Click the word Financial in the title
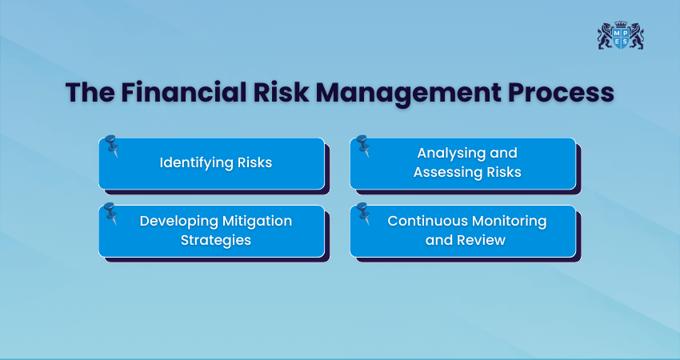(183, 92)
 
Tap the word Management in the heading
(408, 93)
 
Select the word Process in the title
(561, 92)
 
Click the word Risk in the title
(281, 92)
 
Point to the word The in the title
(90, 92)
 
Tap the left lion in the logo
(606, 35)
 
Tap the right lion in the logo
(636, 35)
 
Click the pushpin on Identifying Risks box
(111, 146)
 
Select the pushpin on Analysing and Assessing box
(363, 146)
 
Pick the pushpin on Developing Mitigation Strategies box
(111, 214)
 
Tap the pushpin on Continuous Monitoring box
(363, 214)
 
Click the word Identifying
(196, 163)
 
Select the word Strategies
(215, 240)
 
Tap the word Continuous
(425, 221)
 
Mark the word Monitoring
(506, 222)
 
